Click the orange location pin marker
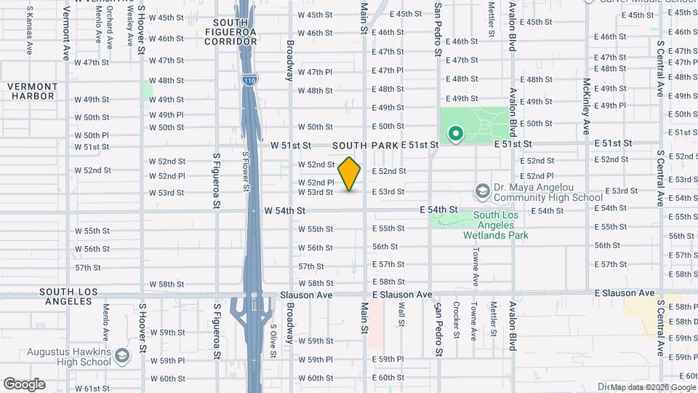tap(350, 173)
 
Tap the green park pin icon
tap(456, 134)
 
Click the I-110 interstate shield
tap(249, 76)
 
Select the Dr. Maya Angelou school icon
tap(481, 191)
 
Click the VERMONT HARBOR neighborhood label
tap(31, 91)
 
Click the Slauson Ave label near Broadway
tap(306, 295)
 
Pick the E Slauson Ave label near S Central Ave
tap(624, 293)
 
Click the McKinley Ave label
tap(585, 106)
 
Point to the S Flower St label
tap(246, 171)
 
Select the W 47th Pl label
tap(314, 72)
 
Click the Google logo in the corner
tap(24, 384)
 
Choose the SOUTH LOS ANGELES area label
tap(48, 296)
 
